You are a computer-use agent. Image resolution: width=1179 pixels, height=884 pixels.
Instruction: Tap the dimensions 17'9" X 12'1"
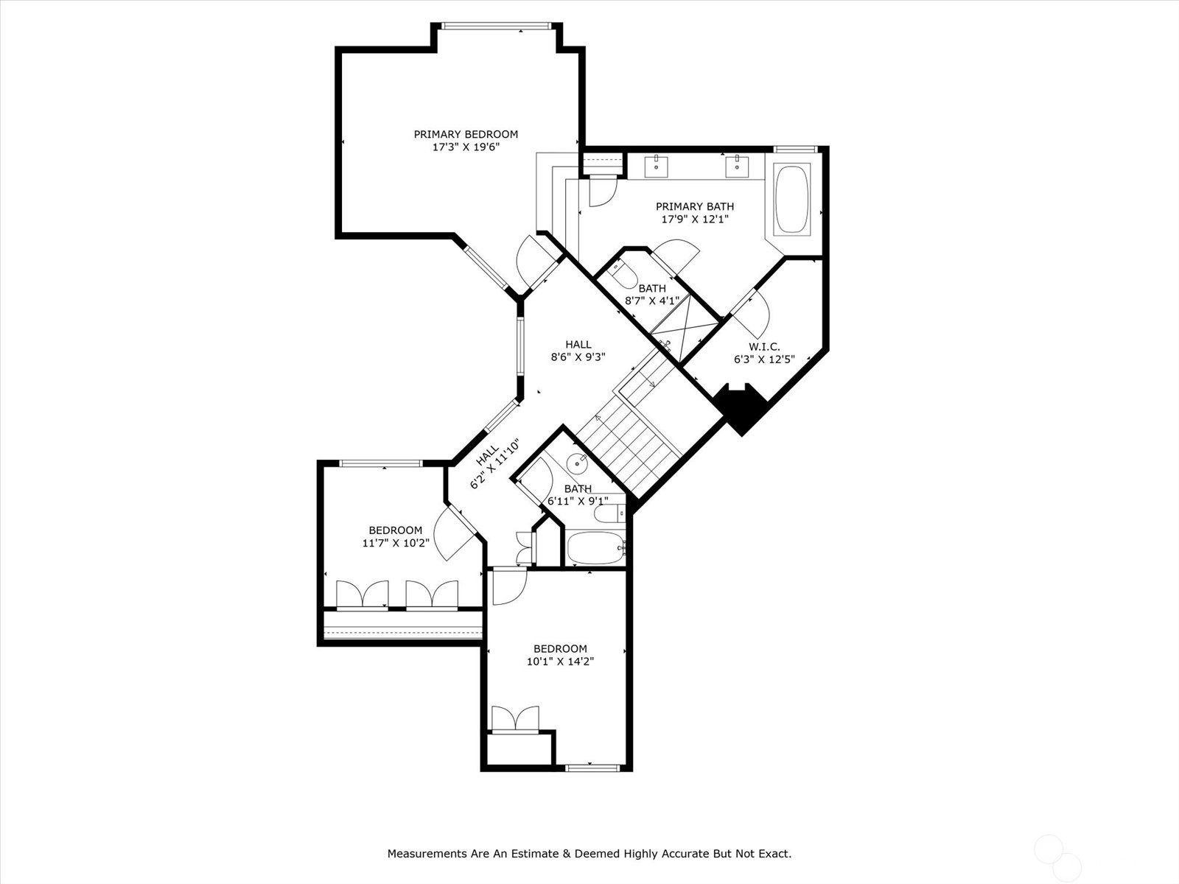694,219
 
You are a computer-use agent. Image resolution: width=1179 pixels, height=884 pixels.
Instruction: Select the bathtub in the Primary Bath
792,200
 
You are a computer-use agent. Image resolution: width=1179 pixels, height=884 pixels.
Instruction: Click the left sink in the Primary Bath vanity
655,167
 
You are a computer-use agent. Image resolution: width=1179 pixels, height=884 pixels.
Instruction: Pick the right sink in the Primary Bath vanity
736,167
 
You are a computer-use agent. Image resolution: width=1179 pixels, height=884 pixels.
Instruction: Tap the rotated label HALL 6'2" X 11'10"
496,463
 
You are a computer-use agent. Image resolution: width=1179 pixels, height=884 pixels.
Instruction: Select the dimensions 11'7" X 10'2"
395,543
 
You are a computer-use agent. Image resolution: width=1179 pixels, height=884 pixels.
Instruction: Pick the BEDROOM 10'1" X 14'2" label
560,655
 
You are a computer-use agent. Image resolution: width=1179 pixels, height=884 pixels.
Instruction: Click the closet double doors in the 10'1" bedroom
515,719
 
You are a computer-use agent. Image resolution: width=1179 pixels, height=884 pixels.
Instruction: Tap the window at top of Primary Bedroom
496,27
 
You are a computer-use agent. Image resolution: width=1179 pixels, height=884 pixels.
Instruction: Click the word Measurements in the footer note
427,854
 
